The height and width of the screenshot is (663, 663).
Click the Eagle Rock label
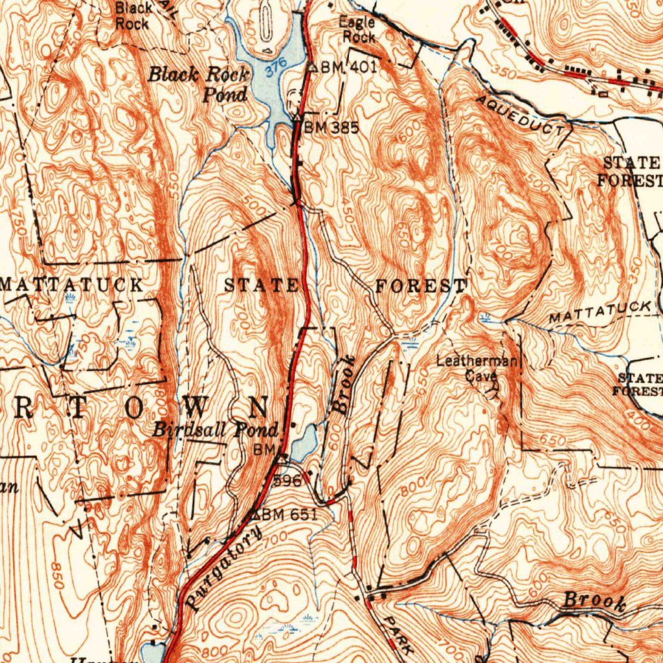(357, 30)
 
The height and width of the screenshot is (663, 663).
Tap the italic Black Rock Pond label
(199, 84)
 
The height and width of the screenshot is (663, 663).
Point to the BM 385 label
(331, 127)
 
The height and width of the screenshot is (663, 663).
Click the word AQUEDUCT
(520, 115)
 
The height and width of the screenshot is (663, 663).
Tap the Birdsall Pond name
(216, 430)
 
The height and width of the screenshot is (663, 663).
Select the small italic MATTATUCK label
(599, 313)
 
